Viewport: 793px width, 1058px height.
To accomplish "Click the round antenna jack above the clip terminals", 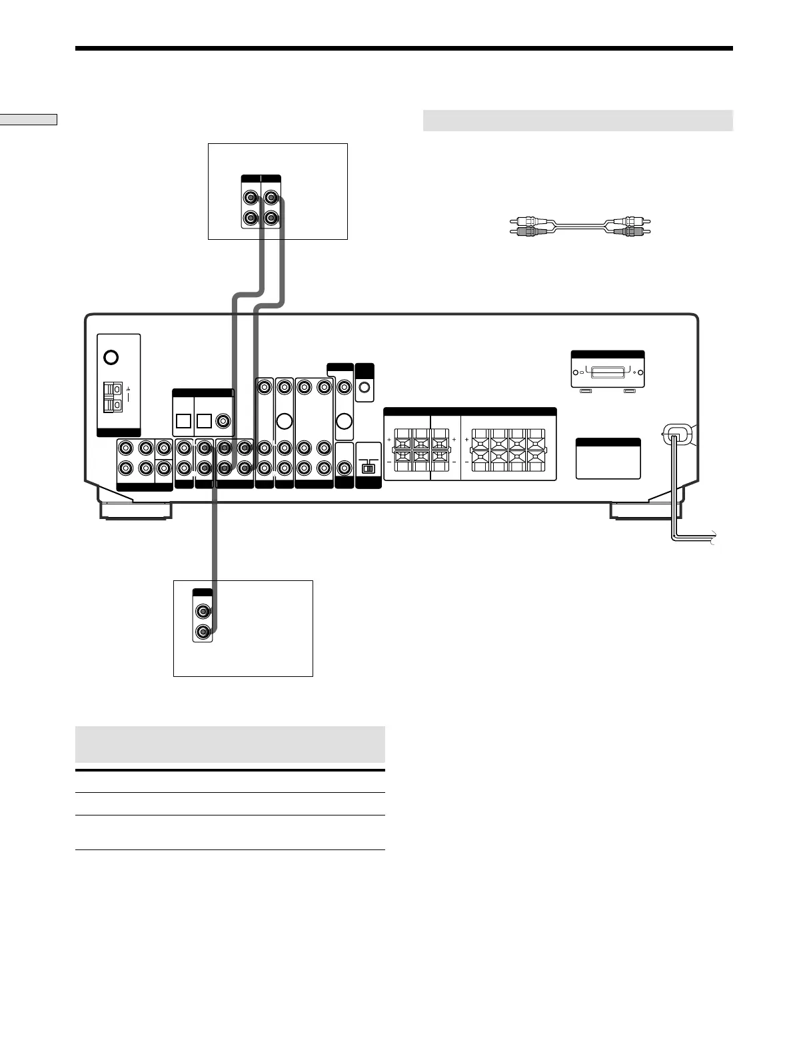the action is coord(111,357).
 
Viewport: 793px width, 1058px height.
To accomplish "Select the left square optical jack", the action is coord(183,421).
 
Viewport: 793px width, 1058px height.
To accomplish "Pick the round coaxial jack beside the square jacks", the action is coord(222,421).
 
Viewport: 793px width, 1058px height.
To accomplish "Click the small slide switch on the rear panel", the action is coord(368,468).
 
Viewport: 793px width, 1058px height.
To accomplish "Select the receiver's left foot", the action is coord(135,510).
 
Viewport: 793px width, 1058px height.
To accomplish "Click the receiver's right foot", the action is coord(645,510).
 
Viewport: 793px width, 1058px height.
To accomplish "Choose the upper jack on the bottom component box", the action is coord(203,611).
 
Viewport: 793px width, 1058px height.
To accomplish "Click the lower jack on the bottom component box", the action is coord(203,631).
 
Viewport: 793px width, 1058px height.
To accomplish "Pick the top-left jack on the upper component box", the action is coord(251,198).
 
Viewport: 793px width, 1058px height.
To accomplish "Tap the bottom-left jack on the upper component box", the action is coord(251,217).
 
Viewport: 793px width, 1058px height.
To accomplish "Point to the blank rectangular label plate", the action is coord(608,462).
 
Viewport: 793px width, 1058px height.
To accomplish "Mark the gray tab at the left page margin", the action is coord(29,120).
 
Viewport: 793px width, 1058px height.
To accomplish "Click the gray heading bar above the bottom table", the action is coord(230,744).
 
